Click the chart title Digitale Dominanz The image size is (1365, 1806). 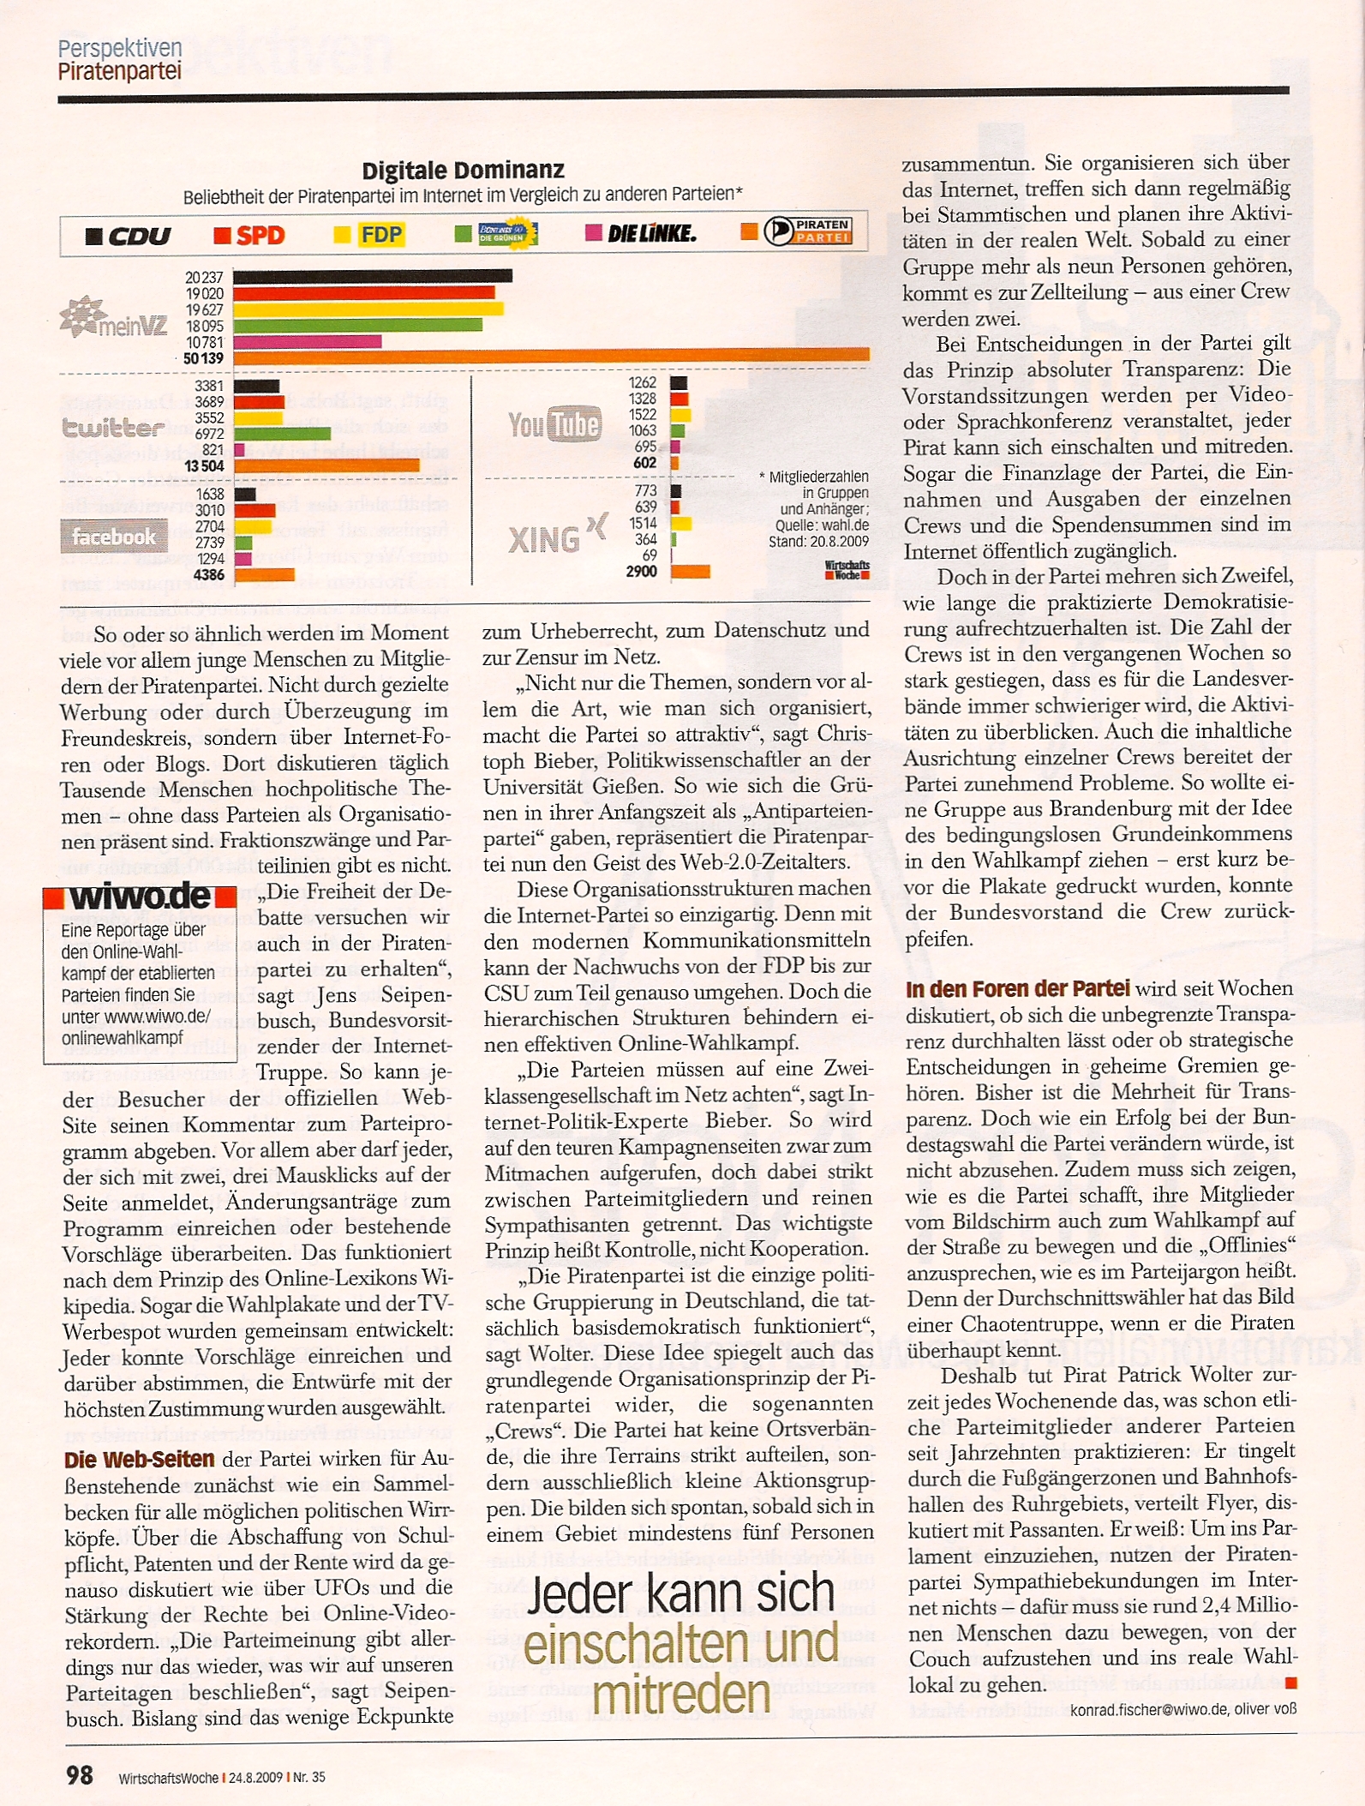click(463, 170)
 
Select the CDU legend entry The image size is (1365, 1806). click(129, 235)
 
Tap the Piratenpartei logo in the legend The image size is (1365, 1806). click(807, 231)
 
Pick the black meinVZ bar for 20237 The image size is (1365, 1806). click(372, 276)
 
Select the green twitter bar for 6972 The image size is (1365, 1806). click(282, 434)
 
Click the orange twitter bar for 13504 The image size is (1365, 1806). click(326, 465)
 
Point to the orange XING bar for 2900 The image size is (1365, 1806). click(690, 572)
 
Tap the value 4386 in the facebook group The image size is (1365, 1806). click(209, 574)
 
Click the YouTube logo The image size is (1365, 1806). click(554, 423)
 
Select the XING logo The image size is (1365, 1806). click(557, 537)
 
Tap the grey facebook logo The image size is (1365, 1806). click(114, 537)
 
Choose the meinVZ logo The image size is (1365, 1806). click(113, 318)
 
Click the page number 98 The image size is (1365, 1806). click(79, 1774)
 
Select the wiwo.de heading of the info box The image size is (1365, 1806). click(140, 897)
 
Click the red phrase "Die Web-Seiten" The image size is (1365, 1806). click(139, 1460)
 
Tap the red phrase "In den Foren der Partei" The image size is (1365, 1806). click(1017, 988)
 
